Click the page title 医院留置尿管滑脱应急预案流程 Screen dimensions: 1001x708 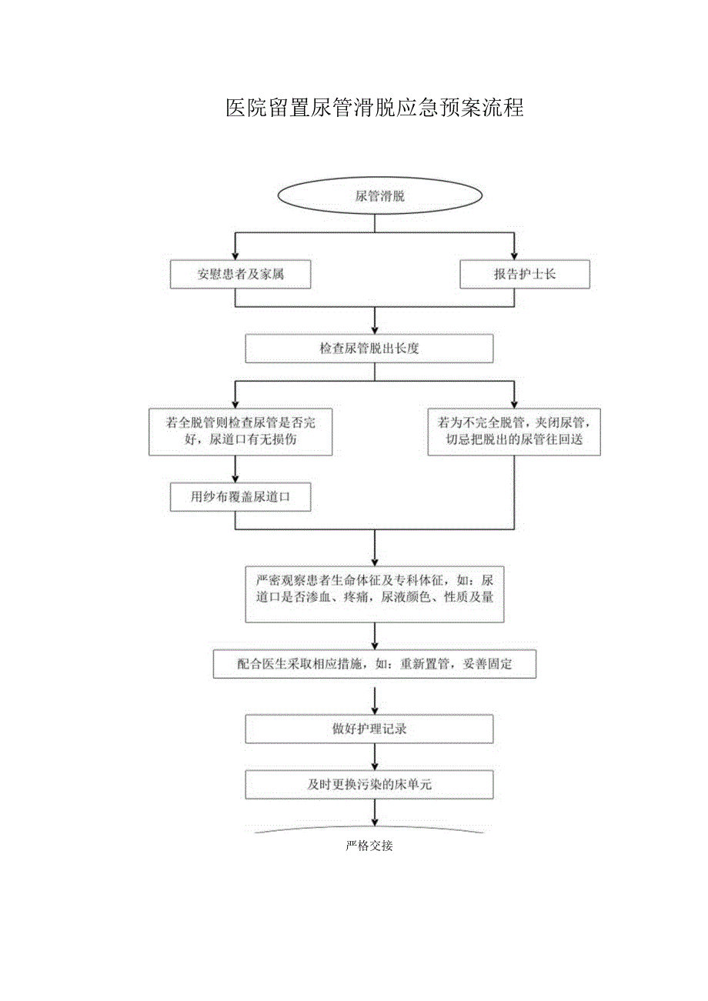pos(375,108)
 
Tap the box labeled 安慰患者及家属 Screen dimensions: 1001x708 pos(240,274)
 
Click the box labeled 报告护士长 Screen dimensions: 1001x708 pos(524,274)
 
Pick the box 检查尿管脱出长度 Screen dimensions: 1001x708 pos(369,348)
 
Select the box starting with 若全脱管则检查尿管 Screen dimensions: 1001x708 pos(240,432)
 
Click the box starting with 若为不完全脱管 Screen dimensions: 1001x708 pos(513,432)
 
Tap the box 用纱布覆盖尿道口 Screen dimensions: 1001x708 pos(240,497)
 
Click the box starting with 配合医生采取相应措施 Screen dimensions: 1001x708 pos(374,664)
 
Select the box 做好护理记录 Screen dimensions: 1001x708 pos(369,729)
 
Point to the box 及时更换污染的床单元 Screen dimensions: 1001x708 pos(369,784)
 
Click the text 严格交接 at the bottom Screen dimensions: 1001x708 pos(369,846)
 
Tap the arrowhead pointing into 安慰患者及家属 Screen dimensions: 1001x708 pos(235,255)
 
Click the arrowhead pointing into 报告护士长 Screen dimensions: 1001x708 pos(514,255)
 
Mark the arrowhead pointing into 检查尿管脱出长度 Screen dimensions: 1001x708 pos(374,329)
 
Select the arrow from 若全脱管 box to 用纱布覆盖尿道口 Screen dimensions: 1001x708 pos(235,469)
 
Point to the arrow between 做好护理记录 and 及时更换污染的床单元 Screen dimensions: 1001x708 pos(374,756)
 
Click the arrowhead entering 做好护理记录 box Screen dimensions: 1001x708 pos(374,709)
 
